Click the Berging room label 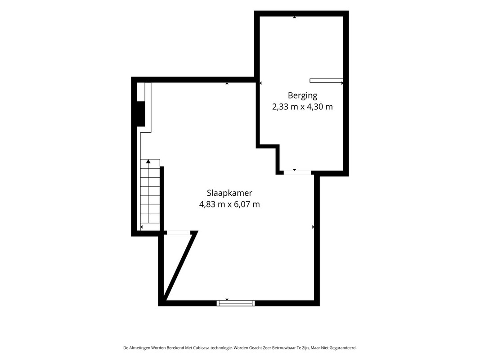(x=302, y=96)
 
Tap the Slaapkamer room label (x=229, y=193)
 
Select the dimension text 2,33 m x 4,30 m (x=302, y=107)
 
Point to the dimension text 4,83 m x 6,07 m (x=229, y=204)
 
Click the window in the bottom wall (x=236, y=303)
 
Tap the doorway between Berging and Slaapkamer (x=297, y=173)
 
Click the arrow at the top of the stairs (x=148, y=162)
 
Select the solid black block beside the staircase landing (x=141, y=113)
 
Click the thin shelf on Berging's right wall (x=326, y=81)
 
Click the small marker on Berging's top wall (x=295, y=17)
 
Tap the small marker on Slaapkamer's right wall (x=313, y=227)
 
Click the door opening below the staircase (x=178, y=233)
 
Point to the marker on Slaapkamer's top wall (x=227, y=83)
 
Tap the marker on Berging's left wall (x=260, y=83)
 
